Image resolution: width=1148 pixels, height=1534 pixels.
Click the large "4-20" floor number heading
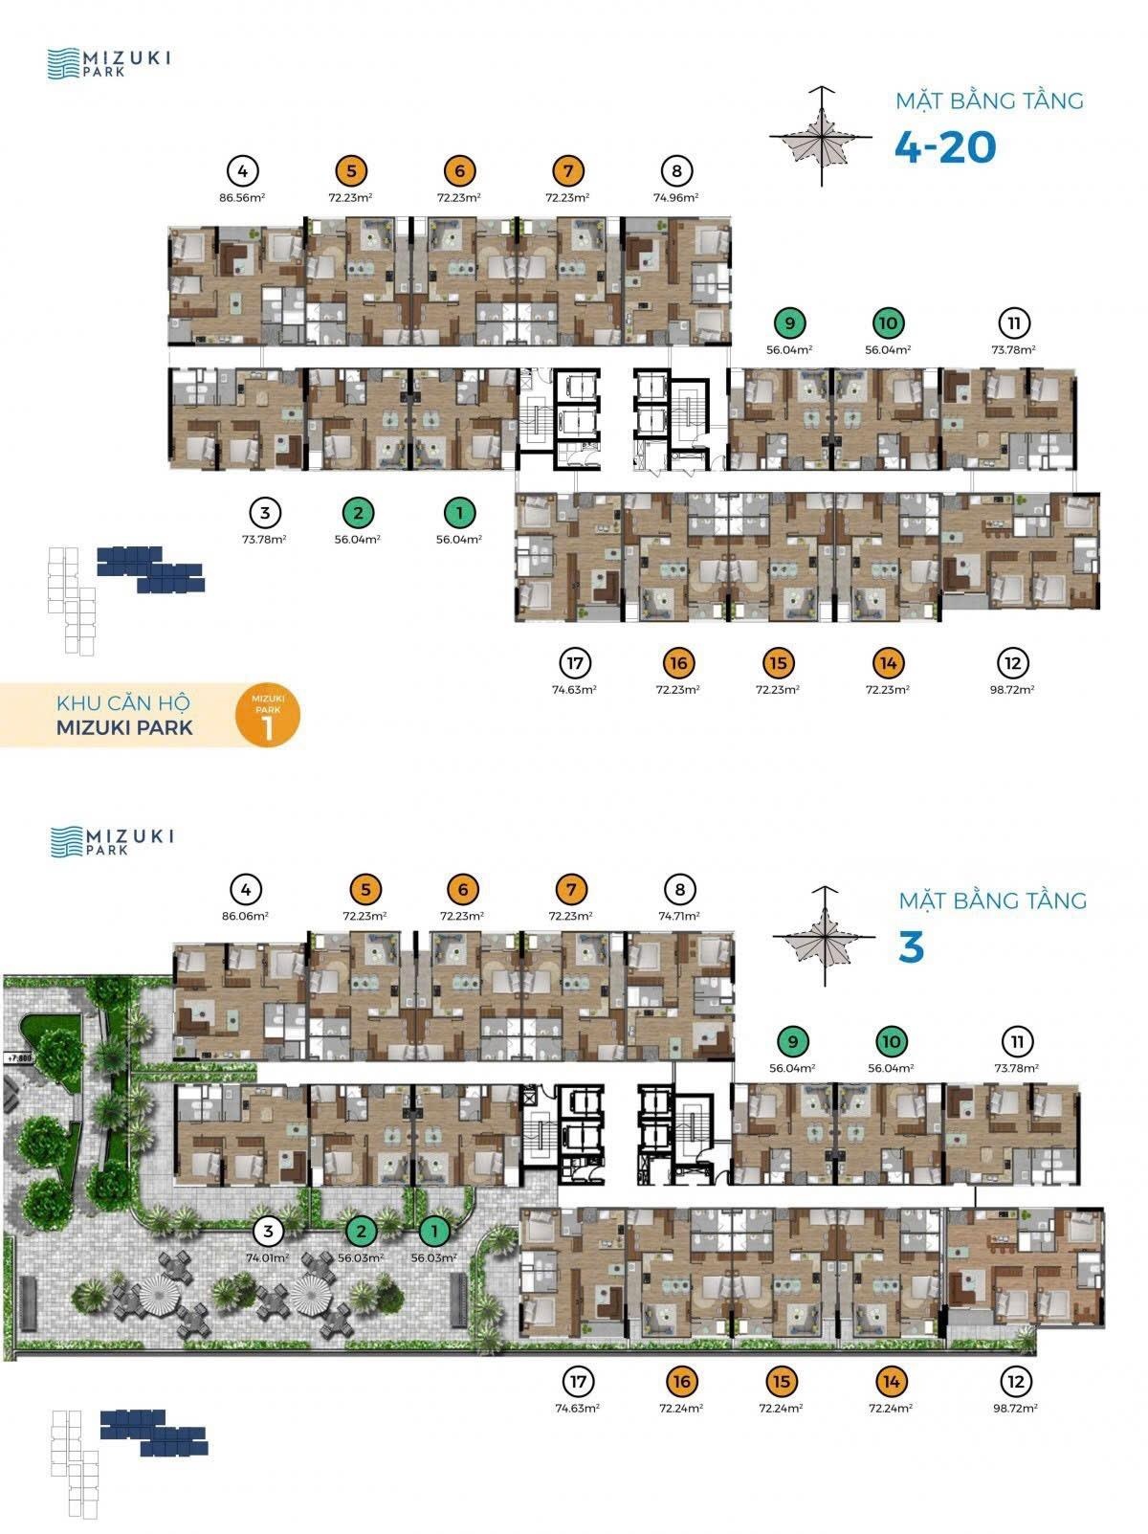point(945,147)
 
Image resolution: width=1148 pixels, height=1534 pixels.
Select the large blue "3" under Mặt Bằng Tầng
point(911,947)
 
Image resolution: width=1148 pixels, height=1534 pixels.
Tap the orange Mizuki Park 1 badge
point(268,714)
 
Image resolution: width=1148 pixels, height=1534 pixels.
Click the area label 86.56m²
point(242,198)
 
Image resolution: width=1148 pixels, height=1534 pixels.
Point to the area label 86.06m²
point(245,916)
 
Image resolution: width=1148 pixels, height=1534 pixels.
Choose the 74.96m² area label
point(676,198)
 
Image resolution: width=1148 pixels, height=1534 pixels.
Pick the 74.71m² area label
point(680,916)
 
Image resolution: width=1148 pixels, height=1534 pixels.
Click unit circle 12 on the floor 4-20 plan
point(1012,663)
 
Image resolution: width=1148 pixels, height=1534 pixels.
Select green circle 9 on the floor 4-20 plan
point(789,323)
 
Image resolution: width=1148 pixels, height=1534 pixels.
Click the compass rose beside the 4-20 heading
point(823,137)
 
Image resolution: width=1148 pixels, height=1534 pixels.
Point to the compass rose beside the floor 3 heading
point(826,937)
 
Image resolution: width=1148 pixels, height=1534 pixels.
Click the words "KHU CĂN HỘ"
point(123,702)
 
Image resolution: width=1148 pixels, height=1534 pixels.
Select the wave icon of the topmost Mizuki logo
point(63,63)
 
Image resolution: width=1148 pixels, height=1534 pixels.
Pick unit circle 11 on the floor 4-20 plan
point(1014,323)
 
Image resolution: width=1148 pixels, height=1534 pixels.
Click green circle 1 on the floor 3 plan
point(434,1231)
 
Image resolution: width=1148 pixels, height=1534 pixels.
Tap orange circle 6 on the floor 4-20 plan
point(460,171)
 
